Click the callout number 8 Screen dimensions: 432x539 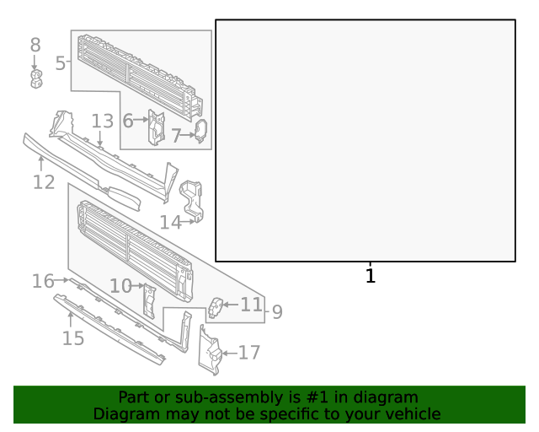pos(35,45)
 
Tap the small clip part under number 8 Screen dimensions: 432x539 pos(35,78)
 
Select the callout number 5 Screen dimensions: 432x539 pos(61,62)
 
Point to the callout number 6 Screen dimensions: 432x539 pos(128,121)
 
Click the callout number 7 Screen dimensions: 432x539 pos(176,135)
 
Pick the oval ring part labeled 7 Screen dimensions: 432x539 pos(200,131)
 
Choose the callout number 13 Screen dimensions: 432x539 pos(102,121)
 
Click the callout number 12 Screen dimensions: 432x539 pos(44,181)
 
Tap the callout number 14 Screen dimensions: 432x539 pos(170,222)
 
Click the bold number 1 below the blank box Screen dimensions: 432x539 pos(370,275)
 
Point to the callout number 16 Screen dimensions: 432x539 pos(43,280)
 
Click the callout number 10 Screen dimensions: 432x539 pos(120,286)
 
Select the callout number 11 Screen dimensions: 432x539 pos(251,304)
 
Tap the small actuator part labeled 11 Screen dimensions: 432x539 pos(215,307)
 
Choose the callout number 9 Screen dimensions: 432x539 pos(276,312)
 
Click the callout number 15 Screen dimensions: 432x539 pos(73,338)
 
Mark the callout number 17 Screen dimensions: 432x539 pos(249,353)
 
